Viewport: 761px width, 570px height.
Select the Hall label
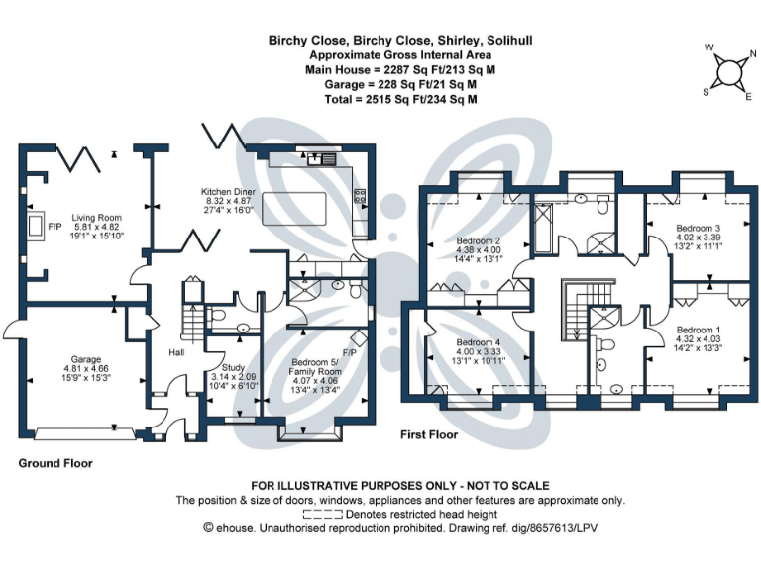175,352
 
